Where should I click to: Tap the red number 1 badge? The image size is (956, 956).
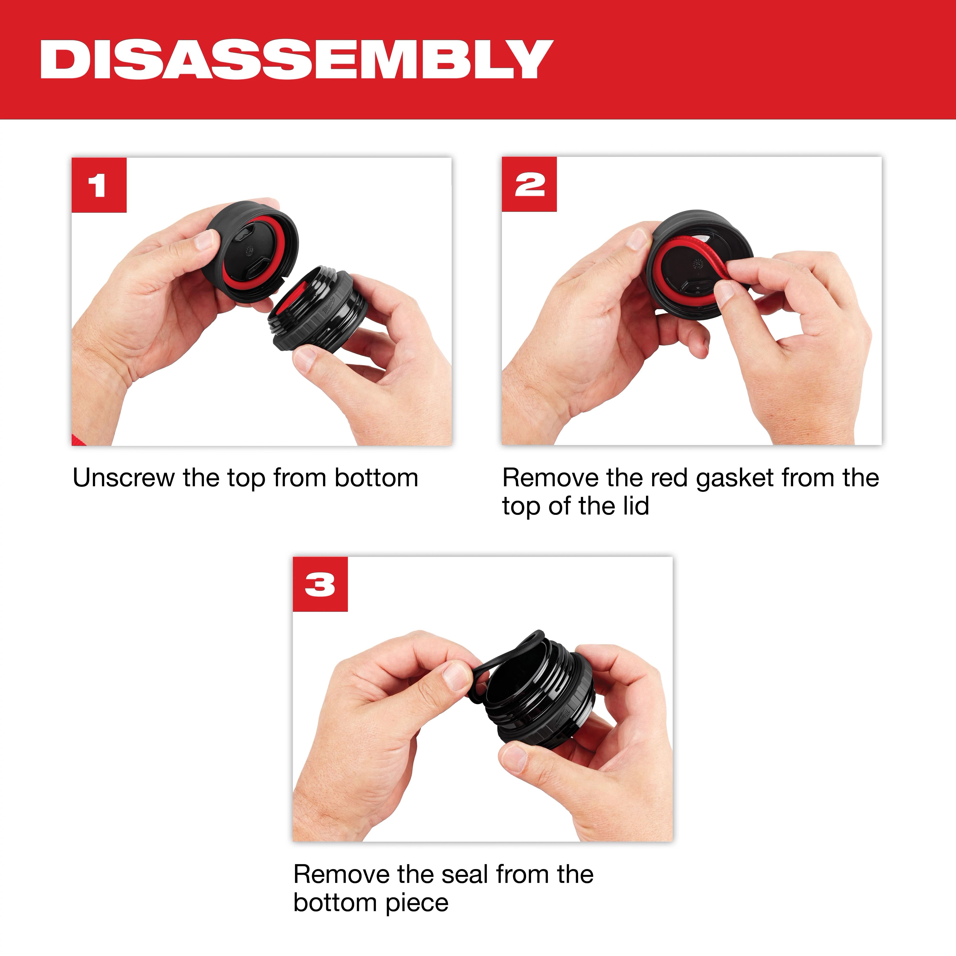click(x=99, y=185)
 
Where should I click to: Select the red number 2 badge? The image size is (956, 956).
click(x=529, y=185)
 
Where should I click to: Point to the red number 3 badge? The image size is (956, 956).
click(x=320, y=584)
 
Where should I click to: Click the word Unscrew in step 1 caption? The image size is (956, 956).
click(x=124, y=478)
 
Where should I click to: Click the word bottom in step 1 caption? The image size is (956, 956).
click(x=376, y=478)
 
